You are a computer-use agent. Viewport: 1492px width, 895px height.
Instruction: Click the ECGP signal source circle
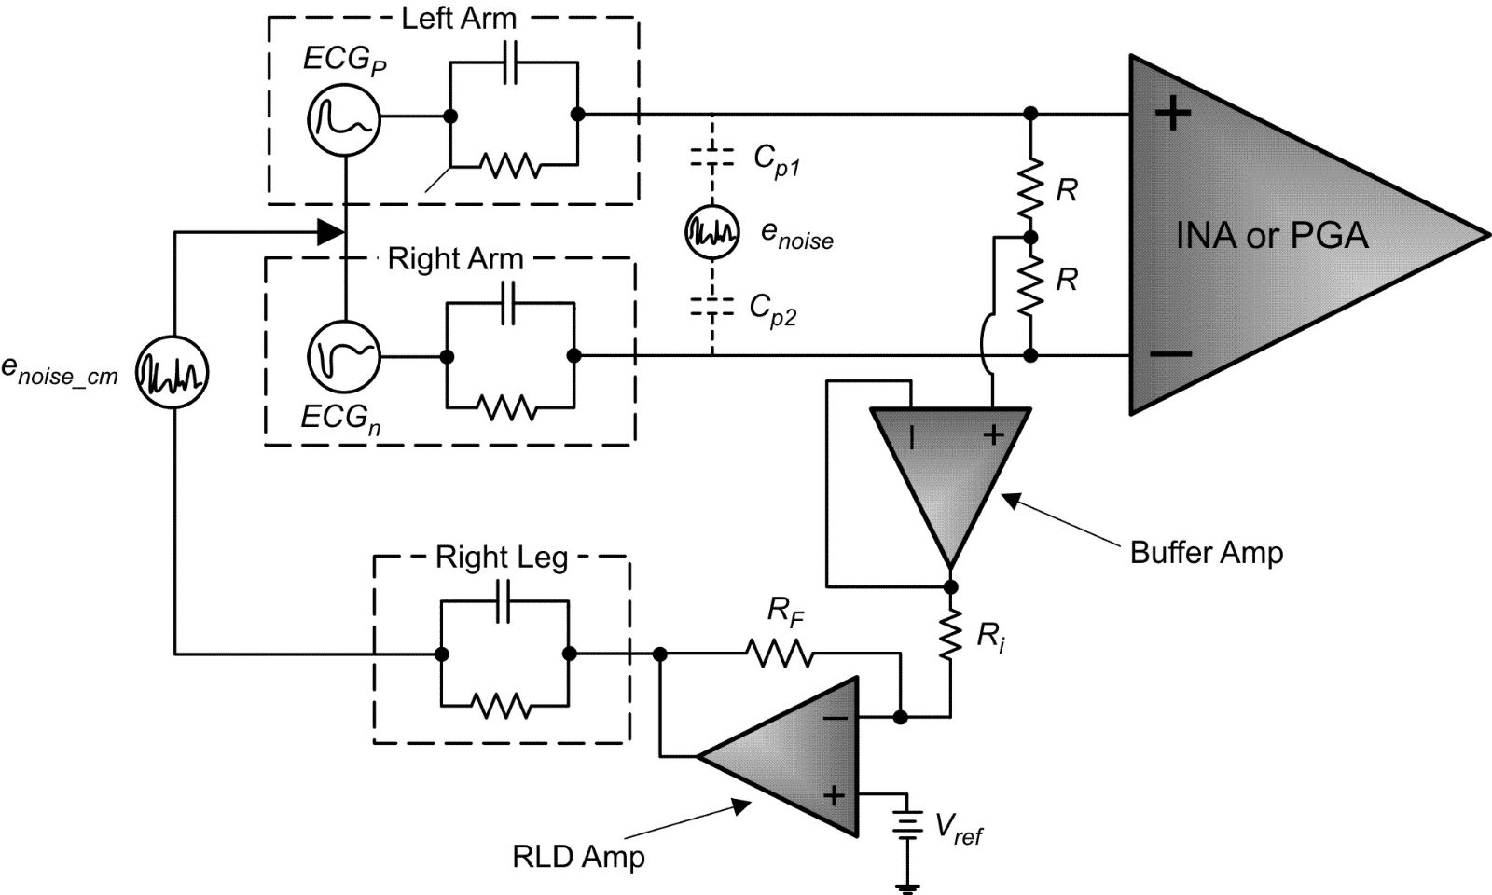point(343,117)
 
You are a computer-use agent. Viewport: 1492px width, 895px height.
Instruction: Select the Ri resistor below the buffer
point(950,636)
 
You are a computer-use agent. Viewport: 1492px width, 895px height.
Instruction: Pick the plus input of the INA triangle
point(1173,114)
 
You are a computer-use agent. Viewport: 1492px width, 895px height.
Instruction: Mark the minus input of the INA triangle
point(1171,354)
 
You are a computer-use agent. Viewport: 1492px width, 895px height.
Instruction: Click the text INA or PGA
point(1272,235)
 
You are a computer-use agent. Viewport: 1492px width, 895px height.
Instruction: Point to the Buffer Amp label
point(1206,552)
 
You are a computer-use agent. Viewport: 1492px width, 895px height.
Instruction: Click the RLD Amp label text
point(578,856)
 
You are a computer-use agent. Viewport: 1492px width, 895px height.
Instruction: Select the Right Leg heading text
point(502,558)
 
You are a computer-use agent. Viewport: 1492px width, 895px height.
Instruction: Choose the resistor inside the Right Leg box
point(504,704)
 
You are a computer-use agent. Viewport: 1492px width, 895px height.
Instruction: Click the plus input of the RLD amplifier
point(834,795)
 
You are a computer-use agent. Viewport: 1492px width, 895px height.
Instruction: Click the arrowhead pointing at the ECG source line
point(329,232)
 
